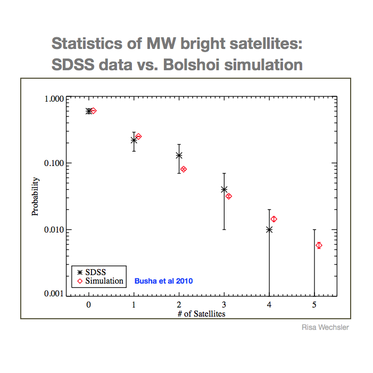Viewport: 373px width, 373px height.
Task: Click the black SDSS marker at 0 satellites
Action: [x=88, y=111]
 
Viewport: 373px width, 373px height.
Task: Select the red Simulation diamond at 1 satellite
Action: [x=138, y=137]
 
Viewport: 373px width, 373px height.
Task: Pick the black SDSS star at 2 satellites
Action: [x=179, y=155]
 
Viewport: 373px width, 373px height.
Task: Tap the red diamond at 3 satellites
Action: [x=229, y=196]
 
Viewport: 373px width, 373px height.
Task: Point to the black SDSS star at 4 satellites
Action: [x=269, y=229]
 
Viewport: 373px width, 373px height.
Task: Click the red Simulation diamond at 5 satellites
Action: [x=319, y=245]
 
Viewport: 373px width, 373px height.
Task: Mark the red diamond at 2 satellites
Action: [x=184, y=169]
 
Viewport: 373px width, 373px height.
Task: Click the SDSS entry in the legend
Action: [x=95, y=271]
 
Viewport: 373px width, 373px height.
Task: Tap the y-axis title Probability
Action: [x=35, y=196]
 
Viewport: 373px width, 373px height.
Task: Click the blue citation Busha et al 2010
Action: [x=164, y=280]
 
